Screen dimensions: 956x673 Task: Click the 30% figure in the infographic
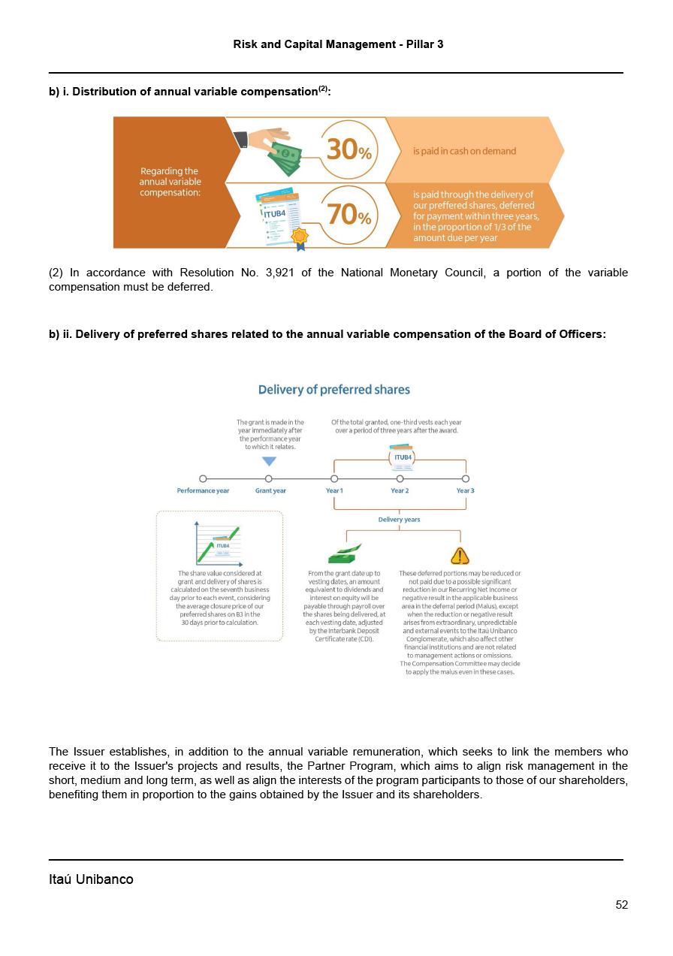tap(349, 149)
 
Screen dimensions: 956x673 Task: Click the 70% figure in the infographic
tap(349, 216)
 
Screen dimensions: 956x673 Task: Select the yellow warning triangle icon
tap(460, 556)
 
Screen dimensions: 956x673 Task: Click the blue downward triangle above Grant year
tap(269, 461)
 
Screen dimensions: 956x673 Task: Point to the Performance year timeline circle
tap(203, 478)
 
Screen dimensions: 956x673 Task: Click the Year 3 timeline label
tap(466, 491)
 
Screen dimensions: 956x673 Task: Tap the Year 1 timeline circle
tap(334, 478)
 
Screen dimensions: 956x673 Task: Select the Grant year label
tap(270, 491)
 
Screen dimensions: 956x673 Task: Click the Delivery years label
tap(400, 520)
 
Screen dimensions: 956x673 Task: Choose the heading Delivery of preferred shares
tap(334, 390)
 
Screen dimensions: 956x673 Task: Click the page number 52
tap(622, 905)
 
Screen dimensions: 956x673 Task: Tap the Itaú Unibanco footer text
tap(91, 879)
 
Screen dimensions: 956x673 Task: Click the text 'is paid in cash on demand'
tap(464, 151)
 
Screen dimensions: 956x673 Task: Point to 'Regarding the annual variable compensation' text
tap(171, 182)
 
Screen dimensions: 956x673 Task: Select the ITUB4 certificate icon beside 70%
tap(279, 216)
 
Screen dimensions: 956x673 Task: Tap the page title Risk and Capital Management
tap(338, 44)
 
